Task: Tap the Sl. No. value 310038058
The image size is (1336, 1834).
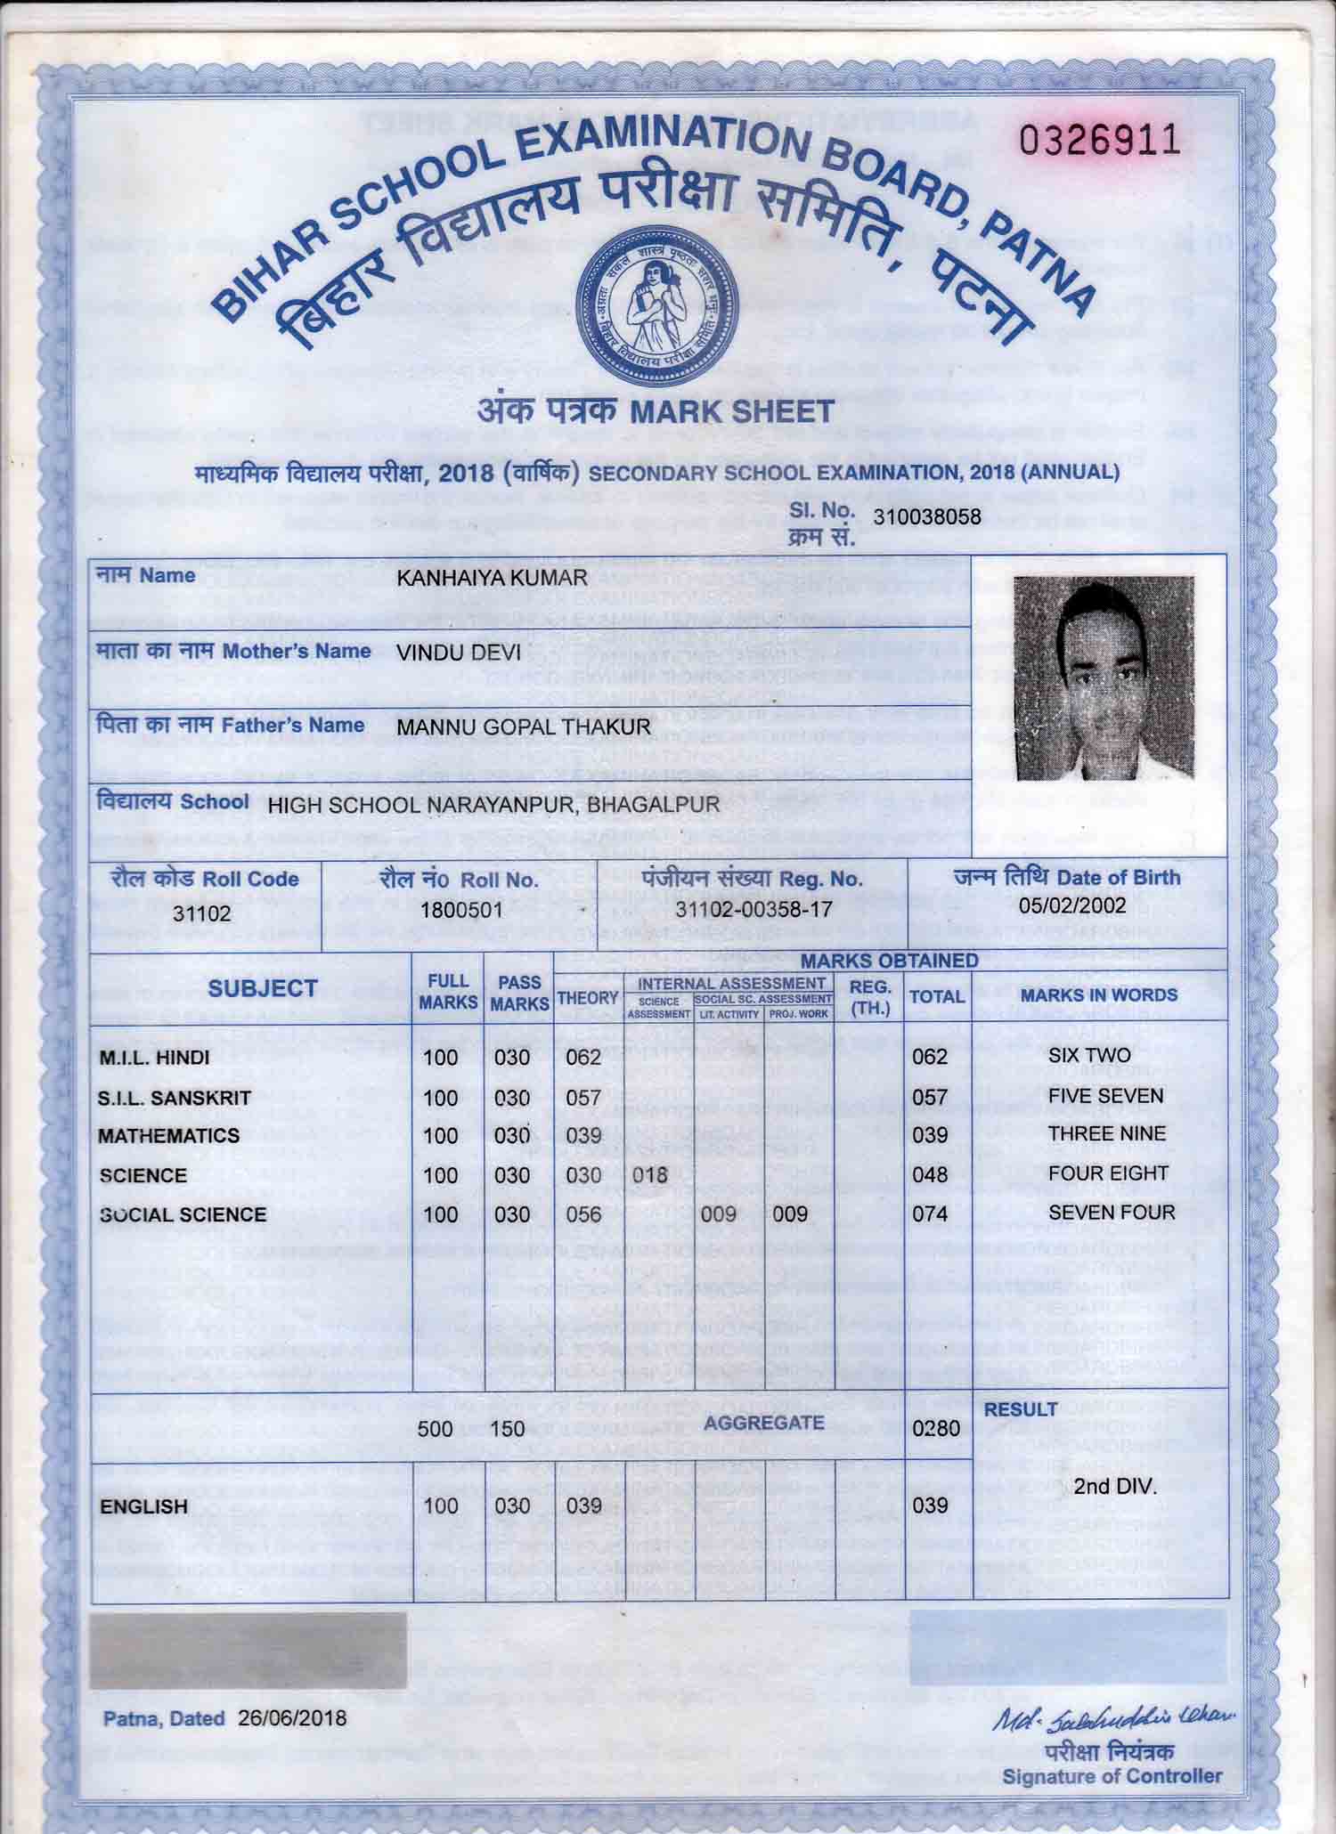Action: [926, 516]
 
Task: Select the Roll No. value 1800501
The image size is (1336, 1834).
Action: [461, 910]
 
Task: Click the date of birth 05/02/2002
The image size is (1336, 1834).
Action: [1072, 905]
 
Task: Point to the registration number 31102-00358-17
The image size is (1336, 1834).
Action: [753, 910]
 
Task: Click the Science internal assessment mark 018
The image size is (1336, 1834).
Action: [649, 1175]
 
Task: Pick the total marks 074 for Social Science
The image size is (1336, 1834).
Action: [930, 1213]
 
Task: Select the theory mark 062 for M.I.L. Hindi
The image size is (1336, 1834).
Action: [583, 1058]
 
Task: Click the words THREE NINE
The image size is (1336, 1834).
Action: [1106, 1134]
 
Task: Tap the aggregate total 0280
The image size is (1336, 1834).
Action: [936, 1429]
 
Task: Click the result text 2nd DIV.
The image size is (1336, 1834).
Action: [1114, 1487]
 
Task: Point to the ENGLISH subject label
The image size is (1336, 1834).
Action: [143, 1507]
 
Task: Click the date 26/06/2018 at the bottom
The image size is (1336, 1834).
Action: [292, 1718]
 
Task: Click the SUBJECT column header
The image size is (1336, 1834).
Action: [262, 988]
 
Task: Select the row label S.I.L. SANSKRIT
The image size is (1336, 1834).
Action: [175, 1098]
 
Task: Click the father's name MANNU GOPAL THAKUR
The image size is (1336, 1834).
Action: [524, 727]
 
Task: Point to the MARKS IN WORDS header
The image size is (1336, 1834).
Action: [1099, 995]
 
